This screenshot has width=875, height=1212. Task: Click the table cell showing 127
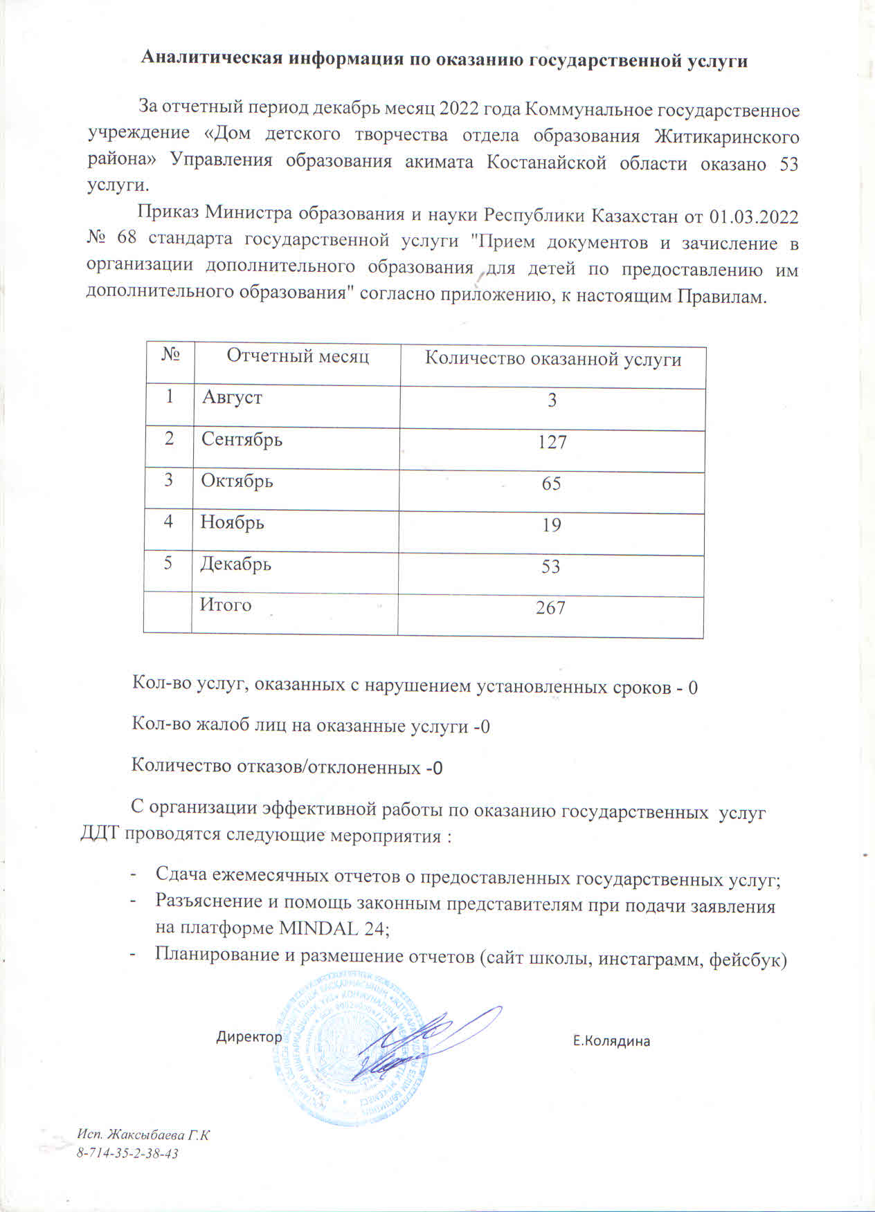[x=552, y=442]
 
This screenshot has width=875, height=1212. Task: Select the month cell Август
[x=232, y=398]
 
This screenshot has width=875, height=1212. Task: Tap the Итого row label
[x=226, y=605]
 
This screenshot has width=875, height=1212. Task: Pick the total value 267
[x=550, y=608]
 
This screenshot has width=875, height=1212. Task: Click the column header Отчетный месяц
[x=298, y=356]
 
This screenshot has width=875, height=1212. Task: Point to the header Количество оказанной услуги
[x=552, y=359]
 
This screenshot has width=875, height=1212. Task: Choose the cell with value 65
[x=551, y=484]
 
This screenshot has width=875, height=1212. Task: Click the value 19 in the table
[x=551, y=525]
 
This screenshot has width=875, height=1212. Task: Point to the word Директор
[x=249, y=1037]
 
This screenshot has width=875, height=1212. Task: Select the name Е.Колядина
[x=611, y=1040]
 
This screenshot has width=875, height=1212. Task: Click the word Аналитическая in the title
[x=212, y=59]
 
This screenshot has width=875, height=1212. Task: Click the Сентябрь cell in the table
[x=242, y=439]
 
